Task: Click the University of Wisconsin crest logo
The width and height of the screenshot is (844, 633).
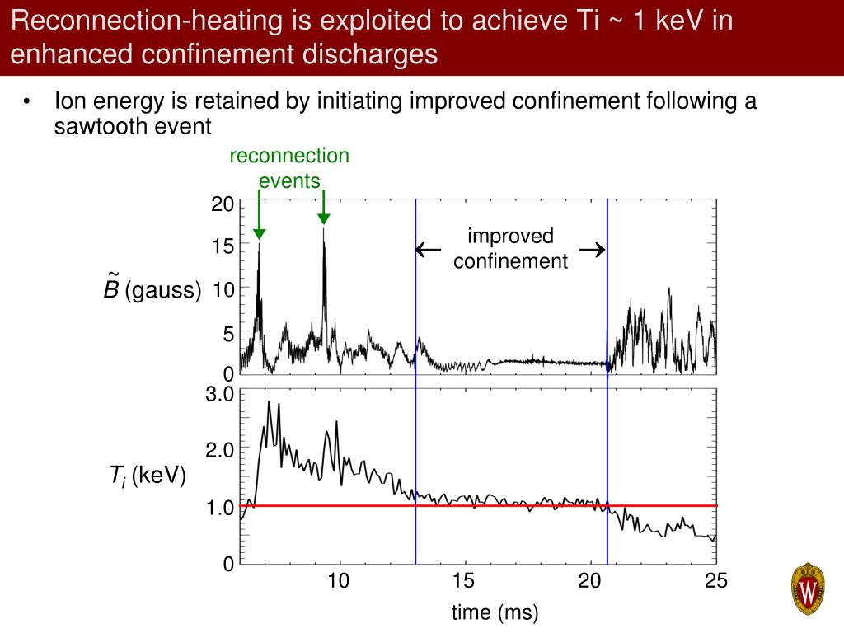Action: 809,589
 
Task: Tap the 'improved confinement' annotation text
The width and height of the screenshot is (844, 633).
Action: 510,249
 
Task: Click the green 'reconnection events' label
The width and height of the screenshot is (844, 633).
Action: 289,168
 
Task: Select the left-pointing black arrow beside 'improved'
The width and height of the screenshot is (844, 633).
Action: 427,250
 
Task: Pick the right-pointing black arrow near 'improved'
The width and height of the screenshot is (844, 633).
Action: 592,250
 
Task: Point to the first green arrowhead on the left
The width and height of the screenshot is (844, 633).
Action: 259,234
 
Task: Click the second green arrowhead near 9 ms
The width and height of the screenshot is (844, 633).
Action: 324,218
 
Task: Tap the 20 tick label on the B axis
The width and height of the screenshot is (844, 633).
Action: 223,204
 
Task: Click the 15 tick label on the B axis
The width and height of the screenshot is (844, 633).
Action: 223,246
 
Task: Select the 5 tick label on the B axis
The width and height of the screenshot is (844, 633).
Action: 227,335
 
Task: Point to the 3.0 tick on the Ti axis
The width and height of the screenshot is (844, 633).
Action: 220,395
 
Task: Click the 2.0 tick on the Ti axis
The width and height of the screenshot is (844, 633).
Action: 220,450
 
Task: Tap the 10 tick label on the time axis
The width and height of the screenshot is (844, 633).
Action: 339,581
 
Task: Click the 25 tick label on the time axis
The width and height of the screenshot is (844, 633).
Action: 715,581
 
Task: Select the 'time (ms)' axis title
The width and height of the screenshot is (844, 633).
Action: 495,612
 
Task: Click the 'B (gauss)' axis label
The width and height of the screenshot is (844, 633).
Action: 152,289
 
